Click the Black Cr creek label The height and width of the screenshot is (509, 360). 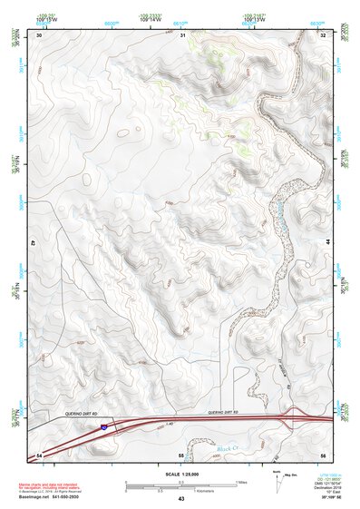[229, 448]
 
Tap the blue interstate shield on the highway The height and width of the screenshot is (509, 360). [105, 424]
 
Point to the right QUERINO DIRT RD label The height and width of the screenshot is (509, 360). [222, 413]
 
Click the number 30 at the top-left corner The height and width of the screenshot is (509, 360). [39, 35]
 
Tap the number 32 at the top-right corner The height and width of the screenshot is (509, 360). [324, 35]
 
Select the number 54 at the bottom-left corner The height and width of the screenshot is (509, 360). [39, 454]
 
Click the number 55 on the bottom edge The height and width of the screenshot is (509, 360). [180, 454]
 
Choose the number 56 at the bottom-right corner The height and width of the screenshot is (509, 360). [324, 454]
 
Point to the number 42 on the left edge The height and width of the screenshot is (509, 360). [33, 244]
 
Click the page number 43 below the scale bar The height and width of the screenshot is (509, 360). [180, 499]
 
